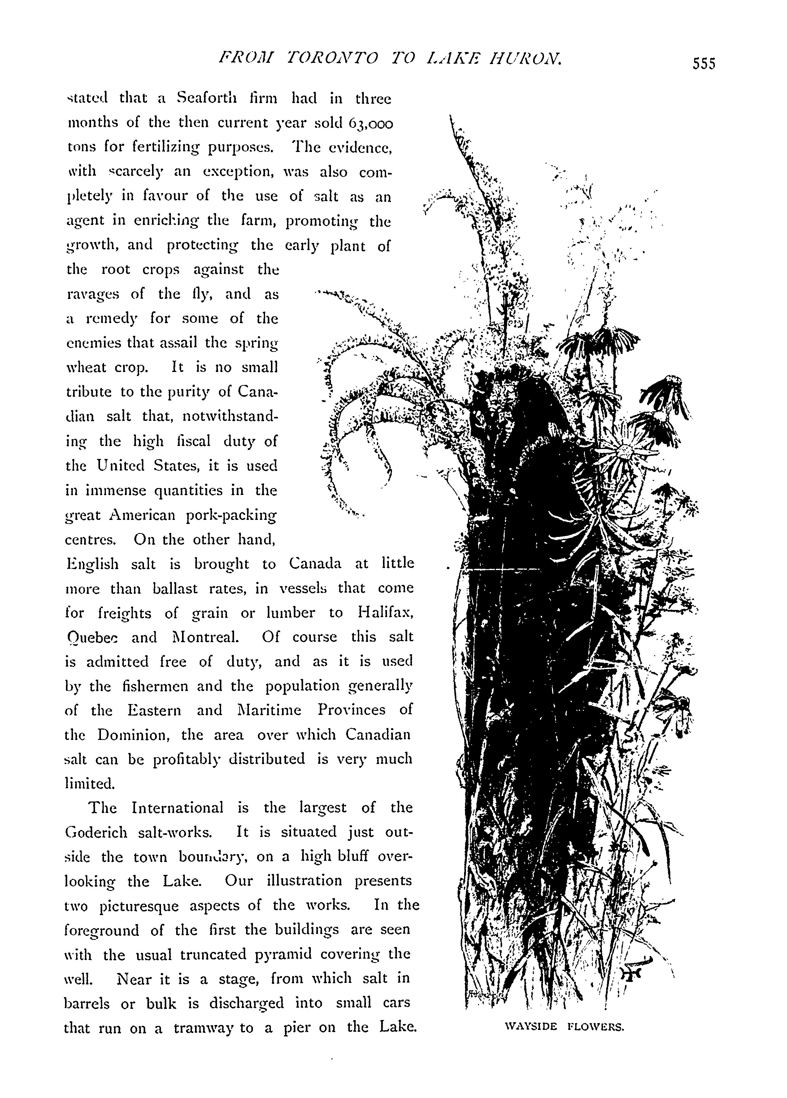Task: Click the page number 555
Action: pos(703,63)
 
